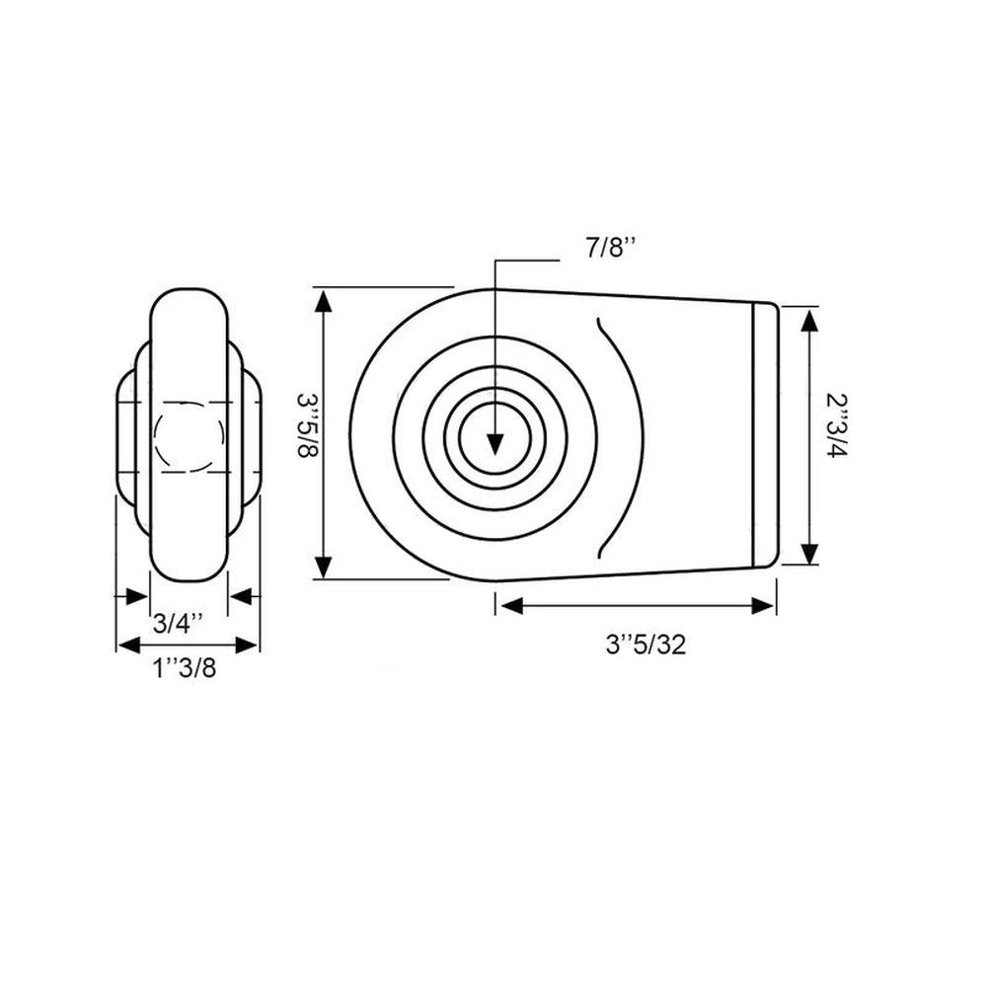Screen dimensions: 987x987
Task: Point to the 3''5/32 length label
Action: coord(645,645)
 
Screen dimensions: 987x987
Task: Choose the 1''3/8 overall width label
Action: coord(184,669)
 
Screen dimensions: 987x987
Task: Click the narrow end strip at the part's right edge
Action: coord(765,434)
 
